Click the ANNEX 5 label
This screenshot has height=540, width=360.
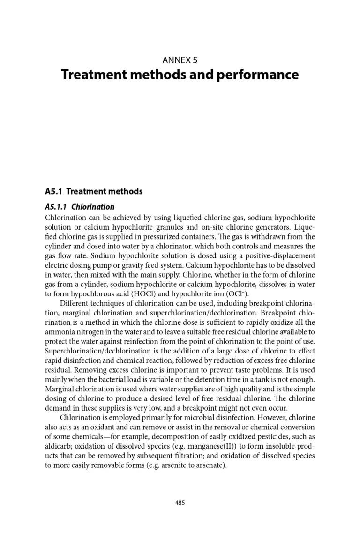point(180,60)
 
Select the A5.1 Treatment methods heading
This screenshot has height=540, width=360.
point(94,191)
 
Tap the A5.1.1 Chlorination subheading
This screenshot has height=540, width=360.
point(80,207)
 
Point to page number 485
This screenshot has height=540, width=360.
point(180,503)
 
